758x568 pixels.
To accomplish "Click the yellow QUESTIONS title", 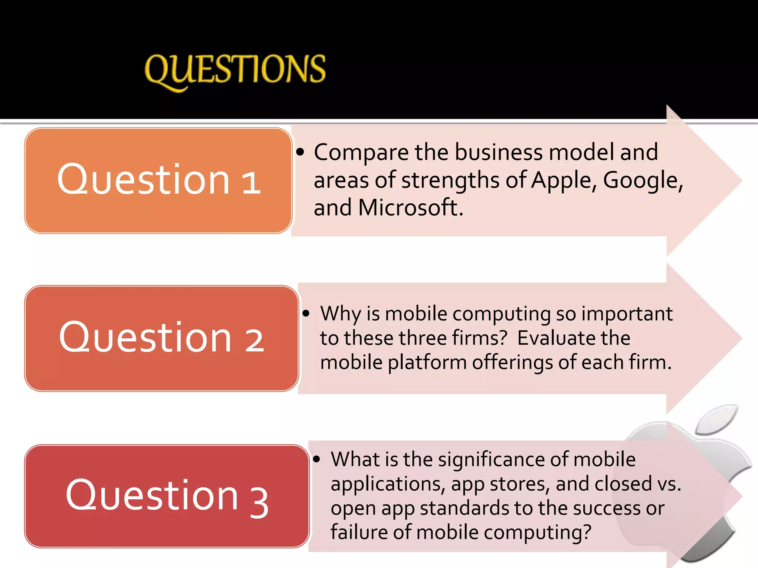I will point(235,70).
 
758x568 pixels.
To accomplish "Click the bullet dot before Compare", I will point(300,152).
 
